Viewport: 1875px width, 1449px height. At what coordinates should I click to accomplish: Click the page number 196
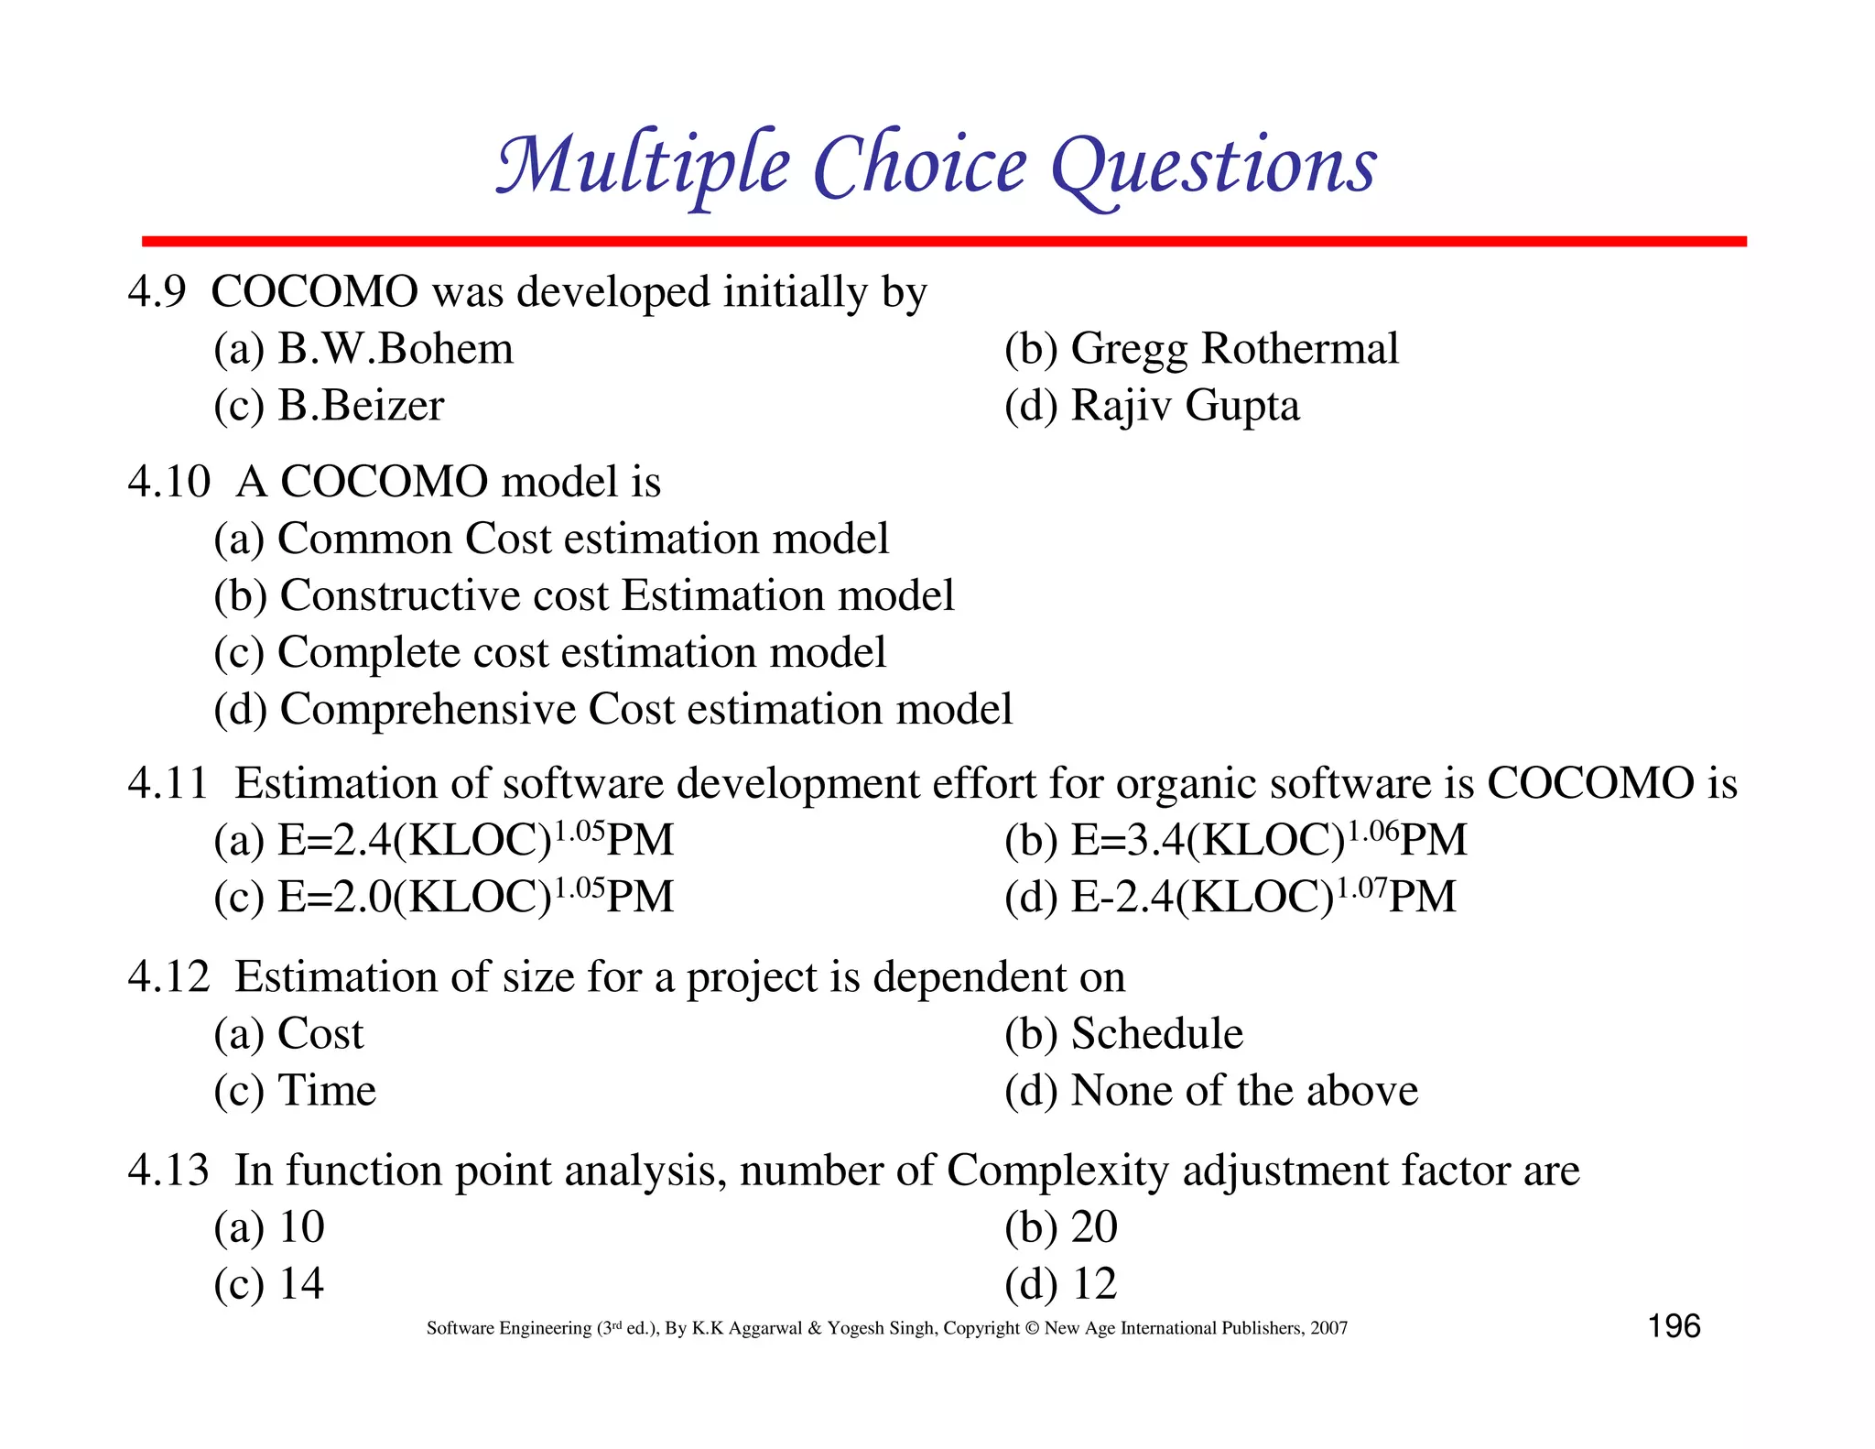click(x=1674, y=1326)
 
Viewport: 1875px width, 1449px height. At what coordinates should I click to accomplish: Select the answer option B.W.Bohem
click(x=395, y=349)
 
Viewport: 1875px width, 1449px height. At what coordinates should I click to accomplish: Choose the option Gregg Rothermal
click(x=1233, y=349)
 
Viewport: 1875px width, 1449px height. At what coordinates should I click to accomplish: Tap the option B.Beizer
click(x=361, y=406)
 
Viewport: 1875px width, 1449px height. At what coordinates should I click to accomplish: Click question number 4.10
click(x=168, y=482)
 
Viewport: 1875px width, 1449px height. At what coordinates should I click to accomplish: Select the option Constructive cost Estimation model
click(x=616, y=595)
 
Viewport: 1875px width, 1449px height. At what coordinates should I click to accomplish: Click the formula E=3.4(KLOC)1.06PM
click(x=1268, y=840)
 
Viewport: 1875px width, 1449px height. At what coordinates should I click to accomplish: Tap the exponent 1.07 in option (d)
click(x=1360, y=887)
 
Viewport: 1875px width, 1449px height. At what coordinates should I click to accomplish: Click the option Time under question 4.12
click(x=326, y=1091)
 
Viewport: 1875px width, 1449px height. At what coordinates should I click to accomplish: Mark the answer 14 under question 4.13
click(x=301, y=1284)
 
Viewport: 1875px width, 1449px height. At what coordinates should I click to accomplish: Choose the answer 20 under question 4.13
click(x=1094, y=1227)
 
